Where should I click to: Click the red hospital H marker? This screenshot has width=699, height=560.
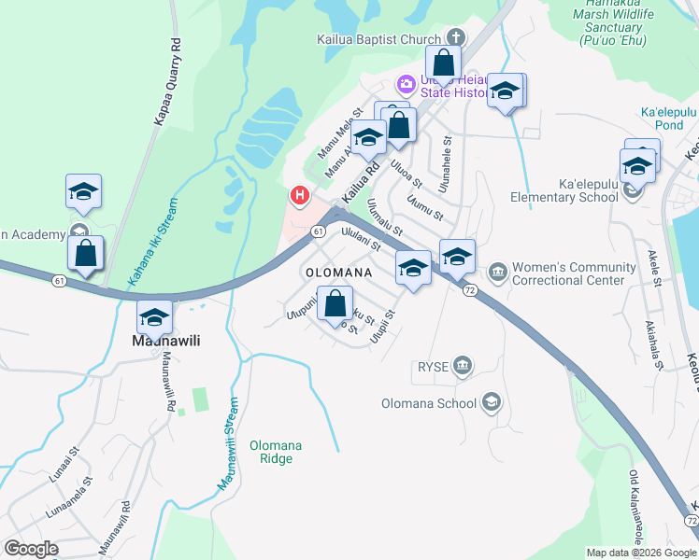(x=299, y=195)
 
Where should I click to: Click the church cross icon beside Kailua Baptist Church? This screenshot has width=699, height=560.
(x=456, y=38)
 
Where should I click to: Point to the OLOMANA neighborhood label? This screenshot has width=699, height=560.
(x=336, y=273)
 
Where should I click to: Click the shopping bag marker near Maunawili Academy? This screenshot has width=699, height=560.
(x=85, y=253)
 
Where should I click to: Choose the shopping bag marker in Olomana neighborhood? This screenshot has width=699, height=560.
(x=335, y=303)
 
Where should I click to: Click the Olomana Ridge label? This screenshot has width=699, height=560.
(x=276, y=452)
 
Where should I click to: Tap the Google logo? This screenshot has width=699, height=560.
(x=32, y=549)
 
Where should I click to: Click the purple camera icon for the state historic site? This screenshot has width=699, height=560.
(x=406, y=84)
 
